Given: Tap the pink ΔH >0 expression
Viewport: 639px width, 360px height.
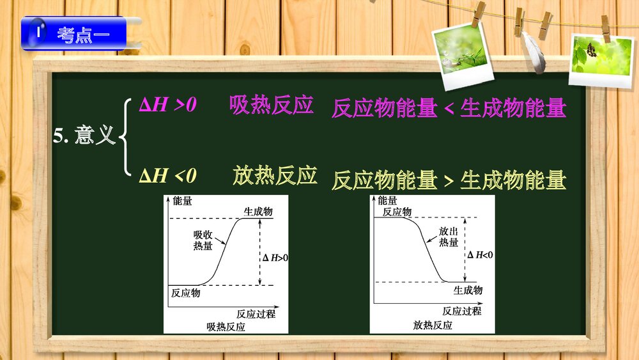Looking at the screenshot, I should (x=168, y=105).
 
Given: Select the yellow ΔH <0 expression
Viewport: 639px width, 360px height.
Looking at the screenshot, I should (x=168, y=175).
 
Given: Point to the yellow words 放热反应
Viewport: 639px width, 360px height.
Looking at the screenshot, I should (x=275, y=175).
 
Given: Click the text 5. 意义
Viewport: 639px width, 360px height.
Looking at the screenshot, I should (x=84, y=136).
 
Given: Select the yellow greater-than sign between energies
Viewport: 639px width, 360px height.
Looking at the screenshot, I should (x=449, y=181).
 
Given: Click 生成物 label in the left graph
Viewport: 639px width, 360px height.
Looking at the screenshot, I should (x=258, y=212).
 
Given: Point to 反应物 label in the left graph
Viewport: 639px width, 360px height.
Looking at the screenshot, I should (x=185, y=293).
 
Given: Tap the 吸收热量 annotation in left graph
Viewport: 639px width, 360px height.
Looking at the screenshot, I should (x=203, y=240).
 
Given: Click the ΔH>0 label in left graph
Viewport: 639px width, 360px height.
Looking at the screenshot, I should (x=275, y=258).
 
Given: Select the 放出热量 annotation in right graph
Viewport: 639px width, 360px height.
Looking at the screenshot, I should (x=449, y=237).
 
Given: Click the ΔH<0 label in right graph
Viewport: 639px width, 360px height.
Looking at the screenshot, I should (x=480, y=255).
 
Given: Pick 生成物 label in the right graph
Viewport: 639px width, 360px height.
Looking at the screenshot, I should (x=468, y=290).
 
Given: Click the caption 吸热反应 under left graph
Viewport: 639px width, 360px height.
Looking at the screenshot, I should (x=226, y=326).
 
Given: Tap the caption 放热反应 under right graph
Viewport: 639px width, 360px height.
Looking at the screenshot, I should (x=433, y=325).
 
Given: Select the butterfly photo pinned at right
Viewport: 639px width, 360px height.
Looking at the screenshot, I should (x=592, y=58).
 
